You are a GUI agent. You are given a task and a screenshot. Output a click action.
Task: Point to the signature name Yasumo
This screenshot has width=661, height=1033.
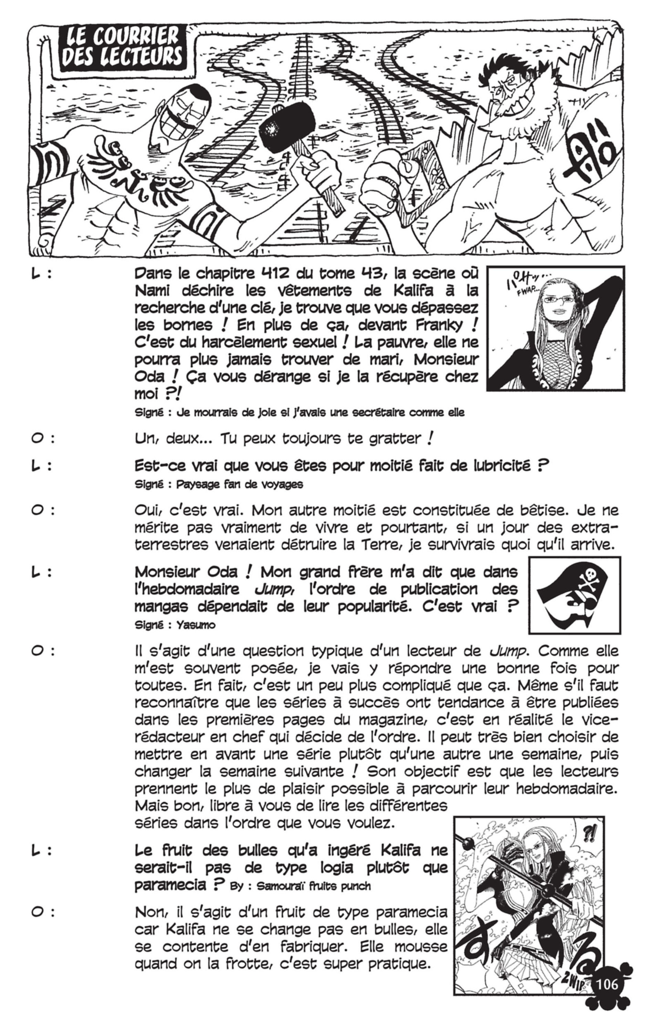tap(196, 625)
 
